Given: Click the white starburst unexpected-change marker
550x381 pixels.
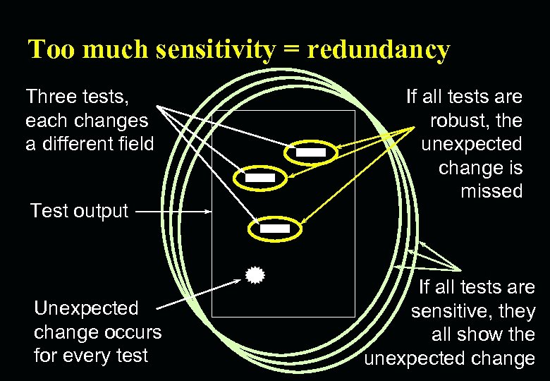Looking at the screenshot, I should (255, 275).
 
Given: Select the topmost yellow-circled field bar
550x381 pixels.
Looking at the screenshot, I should (310, 152).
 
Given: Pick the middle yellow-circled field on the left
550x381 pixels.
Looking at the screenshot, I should (260, 179).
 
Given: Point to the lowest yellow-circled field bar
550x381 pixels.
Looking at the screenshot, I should (275, 229).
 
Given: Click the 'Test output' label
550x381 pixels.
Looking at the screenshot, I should (79, 211).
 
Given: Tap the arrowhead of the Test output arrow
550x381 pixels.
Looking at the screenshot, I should (208, 211).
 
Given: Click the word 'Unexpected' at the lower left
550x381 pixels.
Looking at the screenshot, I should (87, 308).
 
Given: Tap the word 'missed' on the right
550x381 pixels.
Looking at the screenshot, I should (491, 191).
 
